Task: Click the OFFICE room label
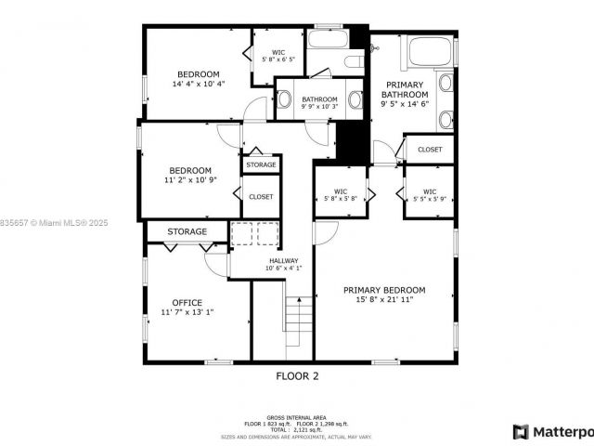(187, 303)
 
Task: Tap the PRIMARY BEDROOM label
(384, 290)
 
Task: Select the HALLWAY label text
(283, 260)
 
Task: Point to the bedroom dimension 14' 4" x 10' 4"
(199, 85)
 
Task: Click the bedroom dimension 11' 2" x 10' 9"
(189, 180)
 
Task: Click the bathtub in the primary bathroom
(430, 51)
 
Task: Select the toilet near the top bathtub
(353, 61)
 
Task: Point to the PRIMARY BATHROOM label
(406, 89)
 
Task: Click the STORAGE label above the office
(187, 231)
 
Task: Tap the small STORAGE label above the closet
(261, 164)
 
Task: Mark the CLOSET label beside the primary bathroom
(430, 149)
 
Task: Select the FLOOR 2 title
(297, 376)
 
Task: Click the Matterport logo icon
(521, 432)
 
